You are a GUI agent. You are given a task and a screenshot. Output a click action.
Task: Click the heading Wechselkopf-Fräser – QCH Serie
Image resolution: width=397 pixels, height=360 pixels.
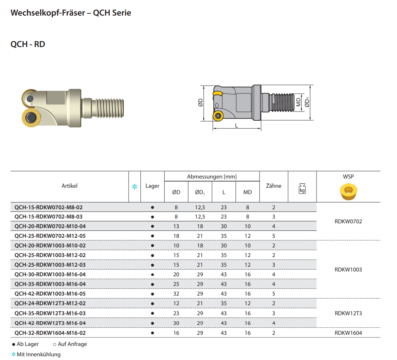pyautogui.click(x=71, y=13)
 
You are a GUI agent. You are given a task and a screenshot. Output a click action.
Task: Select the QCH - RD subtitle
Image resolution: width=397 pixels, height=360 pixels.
pyautogui.click(x=28, y=44)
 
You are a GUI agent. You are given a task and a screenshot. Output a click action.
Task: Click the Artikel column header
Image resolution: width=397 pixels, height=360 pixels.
pyautogui.click(x=69, y=186)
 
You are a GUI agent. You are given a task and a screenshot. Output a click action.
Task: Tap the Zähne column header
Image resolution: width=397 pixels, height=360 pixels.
pyautogui.click(x=274, y=186)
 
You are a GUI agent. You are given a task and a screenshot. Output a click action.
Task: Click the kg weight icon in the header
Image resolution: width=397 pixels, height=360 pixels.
pyautogui.click(x=302, y=189)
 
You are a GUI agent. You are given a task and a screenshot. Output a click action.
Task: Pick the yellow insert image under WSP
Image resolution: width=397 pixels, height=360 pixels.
pyautogui.click(x=348, y=192)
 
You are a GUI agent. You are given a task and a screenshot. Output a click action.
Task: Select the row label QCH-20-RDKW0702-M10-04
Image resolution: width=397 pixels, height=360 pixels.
pyautogui.click(x=50, y=226)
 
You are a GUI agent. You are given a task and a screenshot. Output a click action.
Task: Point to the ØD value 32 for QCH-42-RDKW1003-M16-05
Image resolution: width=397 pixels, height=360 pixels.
pyautogui.click(x=176, y=294)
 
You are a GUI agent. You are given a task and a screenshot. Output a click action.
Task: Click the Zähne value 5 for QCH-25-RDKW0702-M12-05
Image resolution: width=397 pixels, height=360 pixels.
pyautogui.click(x=274, y=236)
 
